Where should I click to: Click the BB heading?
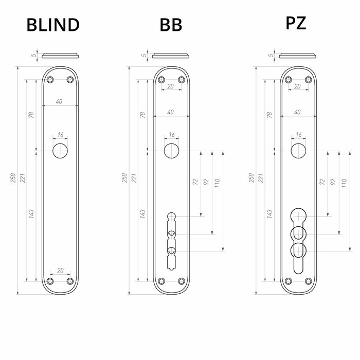[x=171, y=25]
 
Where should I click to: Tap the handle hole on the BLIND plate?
[x=60, y=151]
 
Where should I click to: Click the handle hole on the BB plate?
[x=171, y=151]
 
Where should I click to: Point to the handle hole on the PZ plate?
[x=298, y=151]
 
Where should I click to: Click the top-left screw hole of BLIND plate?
[x=50, y=80]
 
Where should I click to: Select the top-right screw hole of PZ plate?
[x=308, y=80]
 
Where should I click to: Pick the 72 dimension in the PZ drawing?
[x=322, y=182]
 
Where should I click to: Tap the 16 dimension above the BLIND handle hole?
[x=60, y=135]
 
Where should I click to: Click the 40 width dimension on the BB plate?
[x=170, y=112]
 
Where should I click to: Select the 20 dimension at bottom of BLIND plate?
[x=60, y=270]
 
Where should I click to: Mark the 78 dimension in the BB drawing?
[x=142, y=115]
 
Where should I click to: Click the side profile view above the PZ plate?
[x=298, y=56]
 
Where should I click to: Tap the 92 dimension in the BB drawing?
[x=206, y=182]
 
